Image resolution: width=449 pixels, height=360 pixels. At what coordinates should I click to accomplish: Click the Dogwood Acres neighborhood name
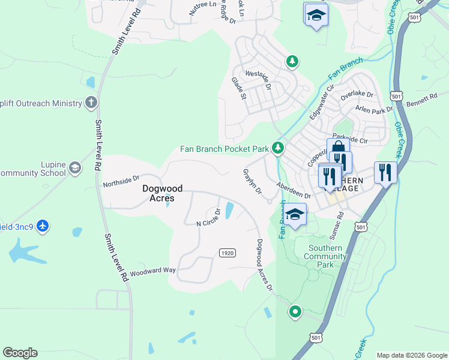coord(158,193)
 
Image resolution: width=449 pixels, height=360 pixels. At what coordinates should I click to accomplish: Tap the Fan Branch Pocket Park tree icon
coord(277,147)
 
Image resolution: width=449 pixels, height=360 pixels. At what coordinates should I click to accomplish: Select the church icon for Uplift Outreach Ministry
coord(91,103)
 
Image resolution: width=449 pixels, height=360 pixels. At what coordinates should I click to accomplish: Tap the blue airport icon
coord(43,226)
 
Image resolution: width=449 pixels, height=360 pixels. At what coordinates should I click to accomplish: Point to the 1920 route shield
coord(227,253)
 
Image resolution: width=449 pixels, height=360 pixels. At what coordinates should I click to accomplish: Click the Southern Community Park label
coord(327,256)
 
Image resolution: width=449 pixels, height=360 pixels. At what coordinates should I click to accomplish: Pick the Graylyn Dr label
coord(252,181)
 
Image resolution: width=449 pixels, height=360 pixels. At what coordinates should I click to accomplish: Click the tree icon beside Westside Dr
coord(292,61)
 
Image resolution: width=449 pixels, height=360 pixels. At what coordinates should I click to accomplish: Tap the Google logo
coord(20,353)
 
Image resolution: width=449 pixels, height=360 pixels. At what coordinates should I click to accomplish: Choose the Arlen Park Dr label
coord(373,109)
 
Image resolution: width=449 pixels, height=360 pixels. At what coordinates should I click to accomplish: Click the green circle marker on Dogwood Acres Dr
coord(295,311)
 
